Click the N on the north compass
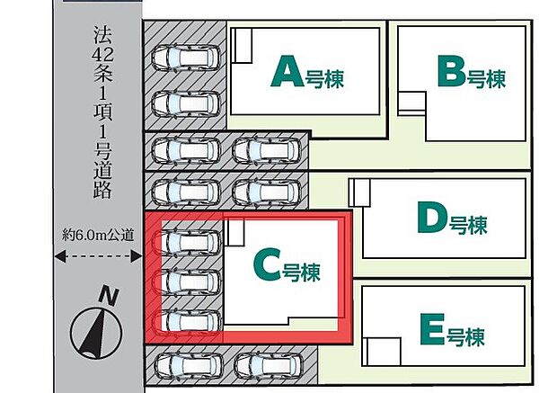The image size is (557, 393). [x=109, y=295]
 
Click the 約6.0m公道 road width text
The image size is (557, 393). [x=99, y=235]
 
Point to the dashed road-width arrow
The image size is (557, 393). [x=99, y=257]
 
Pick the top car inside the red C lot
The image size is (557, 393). [x=190, y=244]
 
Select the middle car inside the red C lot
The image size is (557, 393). [x=190, y=281]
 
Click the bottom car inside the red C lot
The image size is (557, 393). [x=190, y=322]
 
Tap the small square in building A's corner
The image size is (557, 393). [x=243, y=45]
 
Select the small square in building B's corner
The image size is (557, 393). [x=411, y=103]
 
